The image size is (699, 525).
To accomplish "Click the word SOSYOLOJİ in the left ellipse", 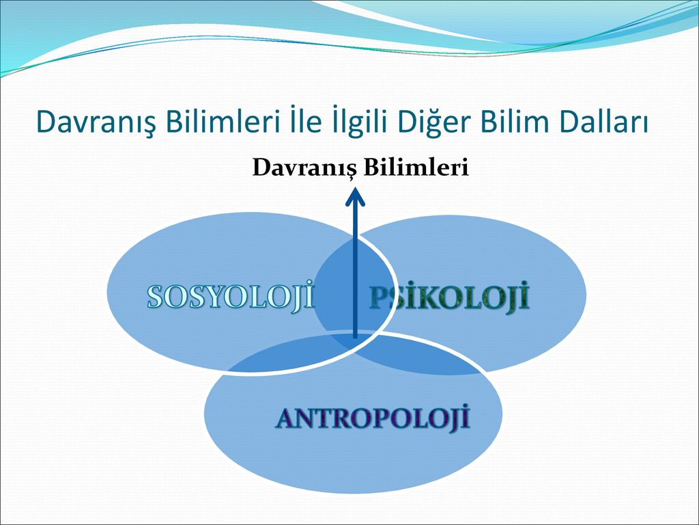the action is [x=231, y=297].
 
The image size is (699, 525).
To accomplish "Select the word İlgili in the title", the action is [x=360, y=122].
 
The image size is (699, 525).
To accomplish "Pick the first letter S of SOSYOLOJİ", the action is [x=155, y=297].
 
